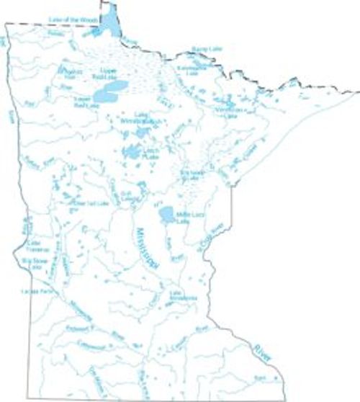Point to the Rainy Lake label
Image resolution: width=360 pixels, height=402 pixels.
(x=204, y=49)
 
